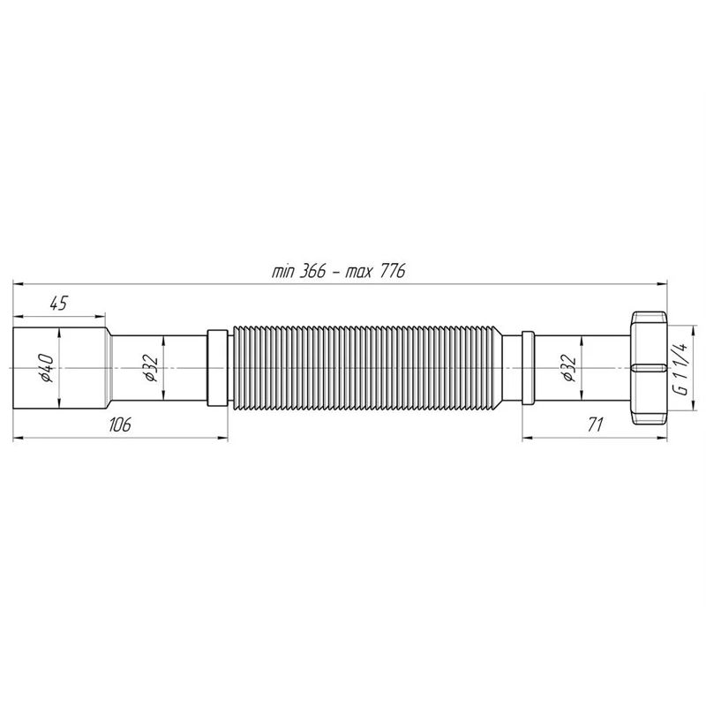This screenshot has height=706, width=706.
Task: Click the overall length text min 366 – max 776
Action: pos(338,272)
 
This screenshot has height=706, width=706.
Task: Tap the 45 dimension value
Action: pos(58,304)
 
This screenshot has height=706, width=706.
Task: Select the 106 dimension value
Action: pos(119,424)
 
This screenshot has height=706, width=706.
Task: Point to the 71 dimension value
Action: pos(595,424)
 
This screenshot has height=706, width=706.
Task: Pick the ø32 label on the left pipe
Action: pos(151,368)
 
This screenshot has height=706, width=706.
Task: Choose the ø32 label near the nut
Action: pos(569,368)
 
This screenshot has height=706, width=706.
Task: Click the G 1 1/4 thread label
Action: pos(682,368)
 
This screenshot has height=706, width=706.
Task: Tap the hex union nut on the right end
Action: pos(649,368)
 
